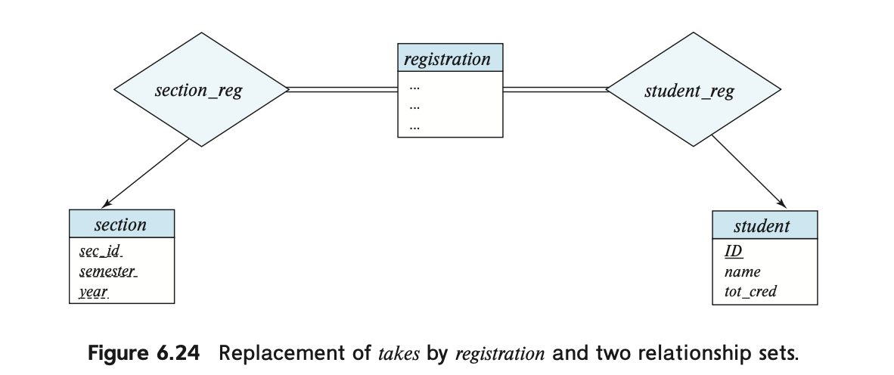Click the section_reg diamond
coord(201,89)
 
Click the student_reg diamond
coord(694,89)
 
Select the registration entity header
coord(450,57)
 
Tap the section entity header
coord(122,224)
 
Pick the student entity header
coord(765,225)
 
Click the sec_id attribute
coord(101,251)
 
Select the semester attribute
coord(108,271)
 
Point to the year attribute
coord(94,293)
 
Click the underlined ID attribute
coord(734,251)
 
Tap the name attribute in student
coord(742,272)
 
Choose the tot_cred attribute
coord(750,292)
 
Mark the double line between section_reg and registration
coord(343,89)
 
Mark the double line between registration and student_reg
coord(555,89)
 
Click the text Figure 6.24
coord(144,353)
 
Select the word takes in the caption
coord(399,354)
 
